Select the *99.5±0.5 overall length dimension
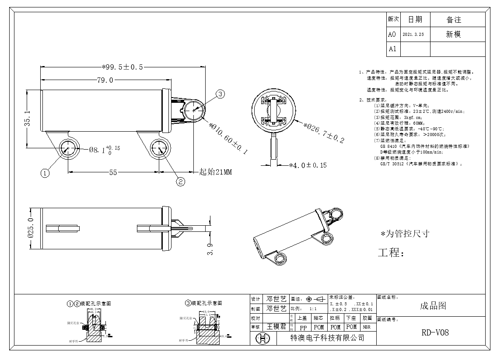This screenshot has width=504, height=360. click(122, 67)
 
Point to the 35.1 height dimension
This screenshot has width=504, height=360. click(27, 119)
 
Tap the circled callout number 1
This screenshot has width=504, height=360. click(45, 173)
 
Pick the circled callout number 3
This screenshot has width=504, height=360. click(221, 94)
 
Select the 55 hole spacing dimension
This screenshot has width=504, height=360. click(113, 172)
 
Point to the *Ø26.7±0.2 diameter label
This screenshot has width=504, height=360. click(324, 132)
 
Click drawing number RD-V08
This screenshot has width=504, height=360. click(435, 332)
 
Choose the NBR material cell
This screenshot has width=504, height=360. click(367, 327)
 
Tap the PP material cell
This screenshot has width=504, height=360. click(303, 327)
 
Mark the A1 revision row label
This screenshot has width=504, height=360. click(392, 49)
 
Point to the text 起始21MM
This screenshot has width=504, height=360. click(215, 172)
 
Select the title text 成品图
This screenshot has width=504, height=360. click(433, 305)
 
